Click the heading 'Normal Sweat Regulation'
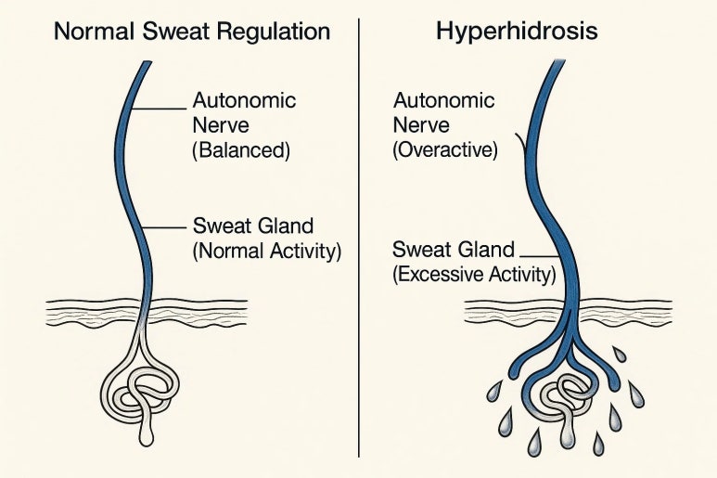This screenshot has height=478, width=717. point(191,31)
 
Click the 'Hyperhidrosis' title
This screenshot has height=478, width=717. point(517,31)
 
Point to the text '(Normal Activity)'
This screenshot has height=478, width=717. point(267,249)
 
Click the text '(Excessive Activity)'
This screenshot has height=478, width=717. point(474,274)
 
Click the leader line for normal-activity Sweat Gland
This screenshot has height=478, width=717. point(164,226)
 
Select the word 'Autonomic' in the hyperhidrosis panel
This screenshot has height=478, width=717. point(438,99)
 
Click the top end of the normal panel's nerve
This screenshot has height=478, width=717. point(147,65)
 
